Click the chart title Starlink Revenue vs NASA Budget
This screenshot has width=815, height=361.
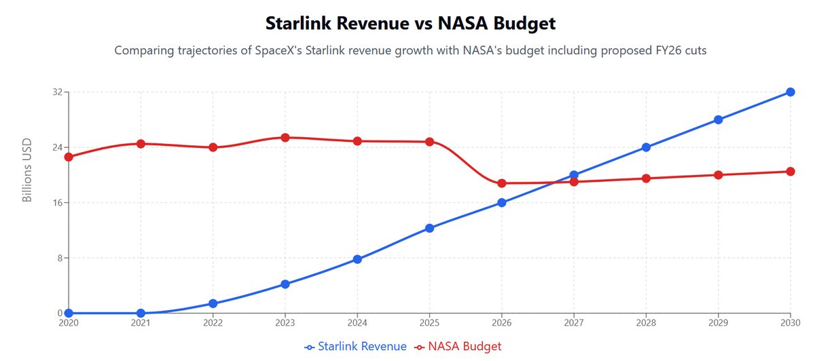410,23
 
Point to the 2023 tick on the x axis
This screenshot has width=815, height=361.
285,323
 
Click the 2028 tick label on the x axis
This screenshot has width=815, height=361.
646,323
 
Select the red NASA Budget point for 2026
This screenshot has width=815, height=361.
502,183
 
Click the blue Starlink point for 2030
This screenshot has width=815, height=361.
791,92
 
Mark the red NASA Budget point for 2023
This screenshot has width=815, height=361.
285,138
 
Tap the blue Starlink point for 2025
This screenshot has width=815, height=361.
429,228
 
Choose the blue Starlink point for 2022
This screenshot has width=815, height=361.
213,303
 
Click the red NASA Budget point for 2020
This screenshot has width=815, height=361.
69,157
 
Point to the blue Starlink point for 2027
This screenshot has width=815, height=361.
574,175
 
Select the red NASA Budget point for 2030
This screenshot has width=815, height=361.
791,172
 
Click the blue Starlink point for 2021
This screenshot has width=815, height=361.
141,313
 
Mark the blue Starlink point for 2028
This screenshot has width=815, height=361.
646,147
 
